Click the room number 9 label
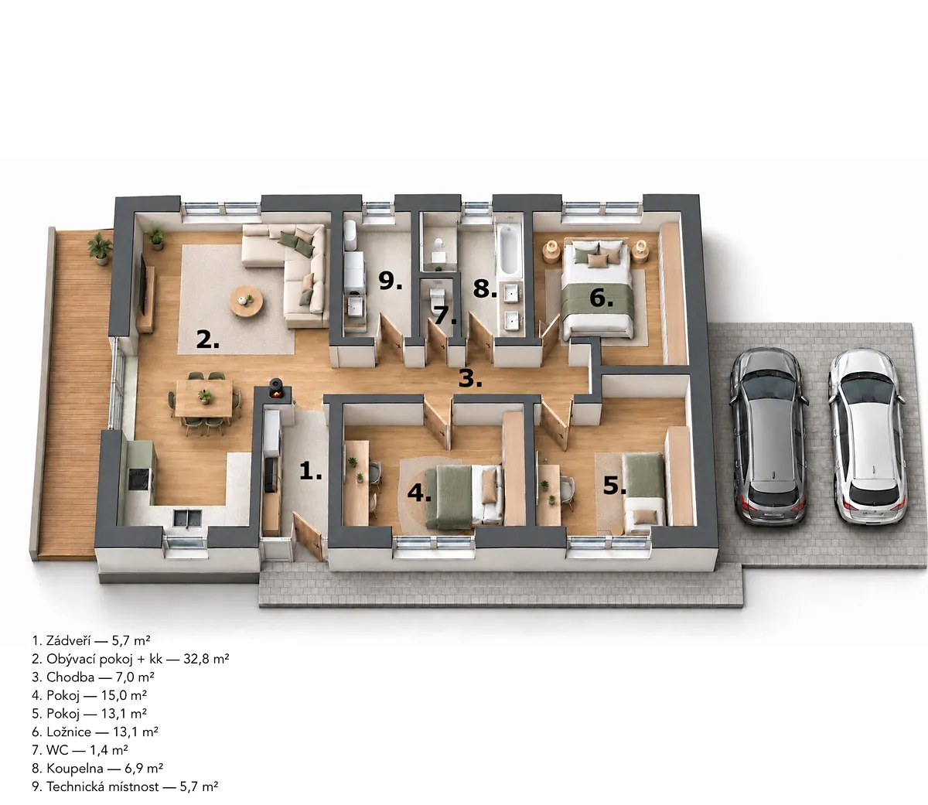(390, 281)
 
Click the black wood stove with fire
(275, 389)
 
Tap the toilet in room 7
(438, 299)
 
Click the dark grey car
(768, 437)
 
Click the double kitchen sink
(188, 518)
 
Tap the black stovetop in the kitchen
(138, 479)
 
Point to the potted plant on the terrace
(101, 251)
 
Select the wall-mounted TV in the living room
(144, 285)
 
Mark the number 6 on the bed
(601, 298)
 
